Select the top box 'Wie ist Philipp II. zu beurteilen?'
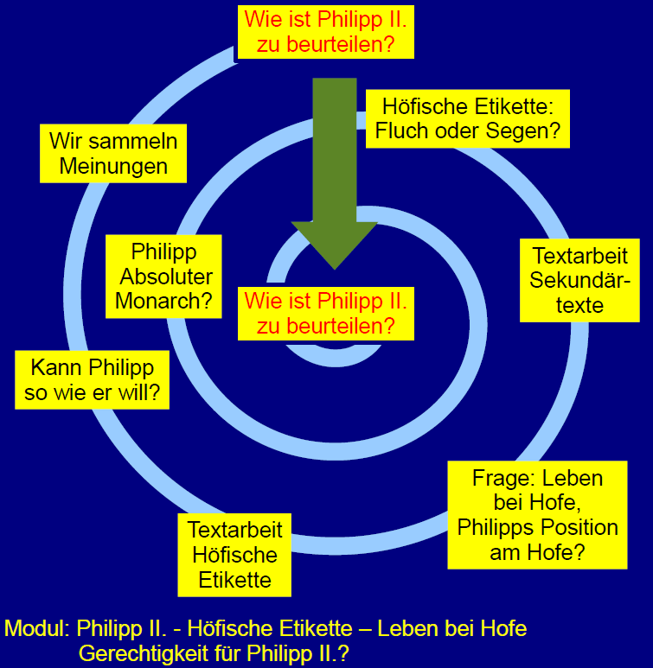tap(325, 31)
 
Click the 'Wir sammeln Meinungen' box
tap(113, 154)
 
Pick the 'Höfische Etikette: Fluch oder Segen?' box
tap(466, 120)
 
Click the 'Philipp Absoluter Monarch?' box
tap(164, 277)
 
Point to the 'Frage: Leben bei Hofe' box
tap(537, 514)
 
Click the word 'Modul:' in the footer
tap(37, 628)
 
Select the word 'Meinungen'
tap(113, 166)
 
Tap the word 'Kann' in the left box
tap(56, 367)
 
